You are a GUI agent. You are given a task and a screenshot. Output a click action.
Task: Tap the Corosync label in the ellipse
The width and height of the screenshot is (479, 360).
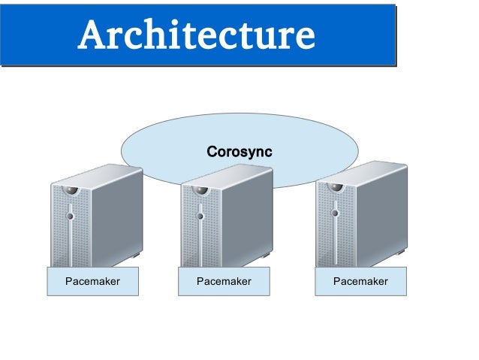coord(239,152)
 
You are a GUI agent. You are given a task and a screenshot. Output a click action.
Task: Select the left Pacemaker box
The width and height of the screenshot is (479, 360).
coord(93,282)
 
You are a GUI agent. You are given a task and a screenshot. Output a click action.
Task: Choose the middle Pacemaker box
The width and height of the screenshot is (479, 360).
coord(224,282)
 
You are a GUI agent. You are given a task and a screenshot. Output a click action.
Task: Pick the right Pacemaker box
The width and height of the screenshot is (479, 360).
coord(360,282)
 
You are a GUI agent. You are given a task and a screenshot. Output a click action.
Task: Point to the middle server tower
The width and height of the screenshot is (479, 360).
coord(227,218)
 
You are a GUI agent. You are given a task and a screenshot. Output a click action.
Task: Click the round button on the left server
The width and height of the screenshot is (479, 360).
coord(70,216)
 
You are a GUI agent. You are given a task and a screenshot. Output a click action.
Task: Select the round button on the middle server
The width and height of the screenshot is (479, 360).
coord(200,216)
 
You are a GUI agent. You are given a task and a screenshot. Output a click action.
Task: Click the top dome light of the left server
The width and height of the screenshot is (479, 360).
coord(70,189)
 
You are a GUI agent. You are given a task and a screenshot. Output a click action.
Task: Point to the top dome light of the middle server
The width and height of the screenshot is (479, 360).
coord(200,190)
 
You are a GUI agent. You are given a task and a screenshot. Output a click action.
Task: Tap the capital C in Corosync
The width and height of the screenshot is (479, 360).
coord(212,152)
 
